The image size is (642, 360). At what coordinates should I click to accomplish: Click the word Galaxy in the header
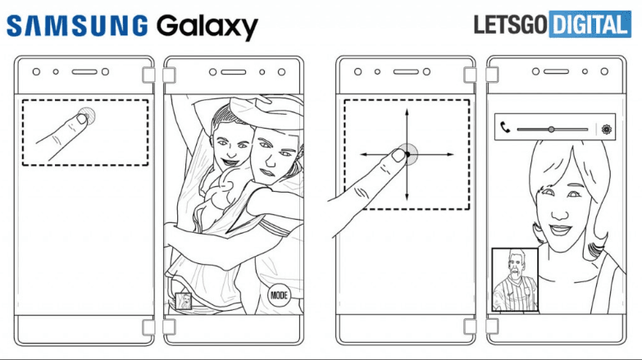click(204, 26)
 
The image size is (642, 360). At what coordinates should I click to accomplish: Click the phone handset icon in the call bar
click(505, 129)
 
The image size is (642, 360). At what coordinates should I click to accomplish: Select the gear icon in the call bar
click(607, 129)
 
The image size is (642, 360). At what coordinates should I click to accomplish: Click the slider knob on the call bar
click(551, 129)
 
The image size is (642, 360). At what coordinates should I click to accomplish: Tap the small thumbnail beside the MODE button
click(184, 301)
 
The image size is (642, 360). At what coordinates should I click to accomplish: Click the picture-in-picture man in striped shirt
click(514, 280)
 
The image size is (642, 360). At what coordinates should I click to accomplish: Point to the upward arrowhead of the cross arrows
click(406, 112)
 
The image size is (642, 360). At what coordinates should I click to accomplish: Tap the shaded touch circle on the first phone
click(85, 116)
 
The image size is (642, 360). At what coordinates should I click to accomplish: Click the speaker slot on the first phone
click(85, 72)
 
